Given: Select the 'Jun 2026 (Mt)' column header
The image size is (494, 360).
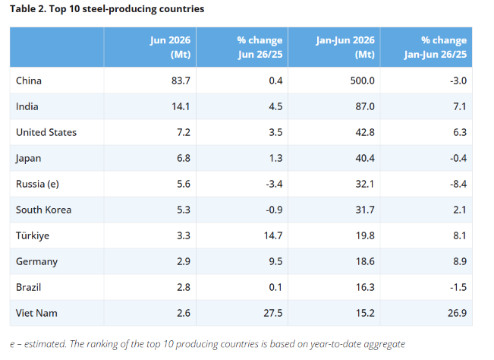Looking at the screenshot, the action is (x=170, y=47).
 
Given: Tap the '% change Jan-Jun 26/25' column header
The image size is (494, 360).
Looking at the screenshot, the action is (x=436, y=47).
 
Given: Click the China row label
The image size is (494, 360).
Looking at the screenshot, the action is (x=29, y=81).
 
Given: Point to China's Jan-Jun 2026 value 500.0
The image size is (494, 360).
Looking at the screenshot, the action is (x=362, y=81).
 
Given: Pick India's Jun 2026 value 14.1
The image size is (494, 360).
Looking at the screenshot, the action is (x=181, y=106).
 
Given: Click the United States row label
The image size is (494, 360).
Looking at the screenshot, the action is (x=46, y=132).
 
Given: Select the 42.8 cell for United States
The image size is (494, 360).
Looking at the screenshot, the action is (x=365, y=132).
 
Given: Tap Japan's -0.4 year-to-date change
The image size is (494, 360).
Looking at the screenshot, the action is (x=458, y=158).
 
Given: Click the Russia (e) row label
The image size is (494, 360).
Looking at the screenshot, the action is (x=37, y=184).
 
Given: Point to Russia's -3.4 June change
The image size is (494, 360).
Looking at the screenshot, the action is (x=274, y=184).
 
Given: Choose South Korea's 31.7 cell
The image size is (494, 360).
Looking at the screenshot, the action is (x=365, y=210).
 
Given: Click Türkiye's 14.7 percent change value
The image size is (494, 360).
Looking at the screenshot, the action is (x=273, y=235).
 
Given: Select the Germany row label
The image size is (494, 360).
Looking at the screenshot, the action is (x=37, y=262).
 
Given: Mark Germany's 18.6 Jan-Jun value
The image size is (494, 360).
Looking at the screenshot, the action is (x=365, y=262).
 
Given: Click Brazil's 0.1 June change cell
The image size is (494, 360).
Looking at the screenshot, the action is (x=275, y=288).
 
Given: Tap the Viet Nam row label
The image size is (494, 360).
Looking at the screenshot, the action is (x=36, y=314).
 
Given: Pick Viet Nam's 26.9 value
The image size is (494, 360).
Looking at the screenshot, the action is (x=457, y=314).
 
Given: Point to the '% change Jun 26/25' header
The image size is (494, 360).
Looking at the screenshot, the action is (x=260, y=47).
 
